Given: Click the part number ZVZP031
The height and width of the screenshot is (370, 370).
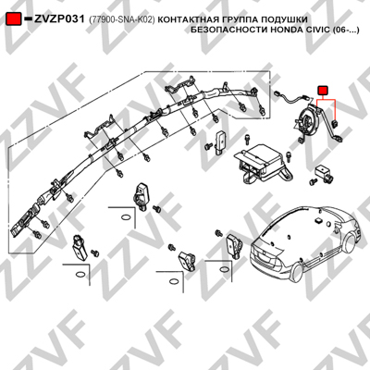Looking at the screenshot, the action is [x=59, y=19].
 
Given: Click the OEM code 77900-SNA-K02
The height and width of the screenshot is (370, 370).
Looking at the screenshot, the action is [x=122, y=19].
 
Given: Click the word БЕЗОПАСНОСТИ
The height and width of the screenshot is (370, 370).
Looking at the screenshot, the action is [x=229, y=31].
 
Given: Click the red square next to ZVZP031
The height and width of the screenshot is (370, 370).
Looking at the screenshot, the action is [x=14, y=19].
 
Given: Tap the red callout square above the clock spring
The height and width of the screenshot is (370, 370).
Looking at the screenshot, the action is [x=323, y=91].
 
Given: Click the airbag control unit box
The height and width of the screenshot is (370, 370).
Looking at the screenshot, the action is [x=262, y=161].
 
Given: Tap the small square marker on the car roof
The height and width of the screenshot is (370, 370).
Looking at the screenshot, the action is [x=316, y=221].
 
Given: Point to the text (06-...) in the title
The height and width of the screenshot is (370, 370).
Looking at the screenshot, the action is [x=346, y=31].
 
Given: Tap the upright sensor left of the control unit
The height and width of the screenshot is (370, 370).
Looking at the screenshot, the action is [x=220, y=142].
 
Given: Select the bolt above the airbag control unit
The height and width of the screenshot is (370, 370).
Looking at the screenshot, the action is [x=247, y=139].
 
